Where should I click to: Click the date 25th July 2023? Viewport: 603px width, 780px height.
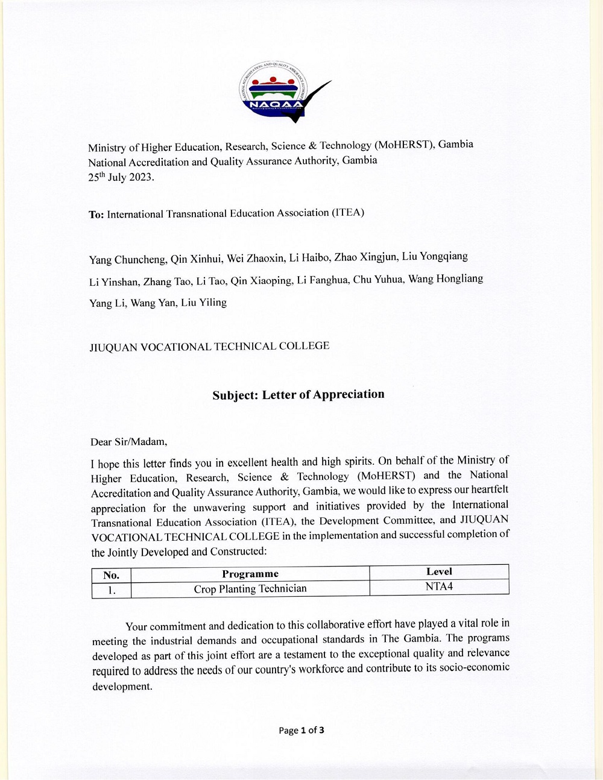click(x=121, y=177)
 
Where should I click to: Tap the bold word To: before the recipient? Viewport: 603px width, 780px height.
click(x=96, y=215)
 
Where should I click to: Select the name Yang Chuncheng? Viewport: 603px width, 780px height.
click(x=128, y=260)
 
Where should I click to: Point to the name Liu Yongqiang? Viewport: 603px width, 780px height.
click(x=435, y=257)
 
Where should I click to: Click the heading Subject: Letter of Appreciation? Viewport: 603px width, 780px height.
click(x=298, y=395)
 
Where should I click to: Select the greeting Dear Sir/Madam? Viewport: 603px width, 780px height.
click(x=129, y=442)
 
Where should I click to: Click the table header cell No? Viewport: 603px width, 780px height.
click(x=112, y=575)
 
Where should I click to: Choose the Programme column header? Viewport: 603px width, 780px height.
click(x=250, y=574)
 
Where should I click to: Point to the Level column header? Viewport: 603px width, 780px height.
click(x=439, y=572)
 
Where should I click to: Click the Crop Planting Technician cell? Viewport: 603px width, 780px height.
click(x=250, y=589)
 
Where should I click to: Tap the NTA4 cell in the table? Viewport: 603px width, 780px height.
click(x=439, y=587)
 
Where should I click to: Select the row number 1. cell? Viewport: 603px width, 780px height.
click(x=112, y=590)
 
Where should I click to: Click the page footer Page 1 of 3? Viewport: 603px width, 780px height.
click(x=301, y=731)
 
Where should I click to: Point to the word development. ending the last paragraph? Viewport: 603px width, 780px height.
click(x=122, y=687)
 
